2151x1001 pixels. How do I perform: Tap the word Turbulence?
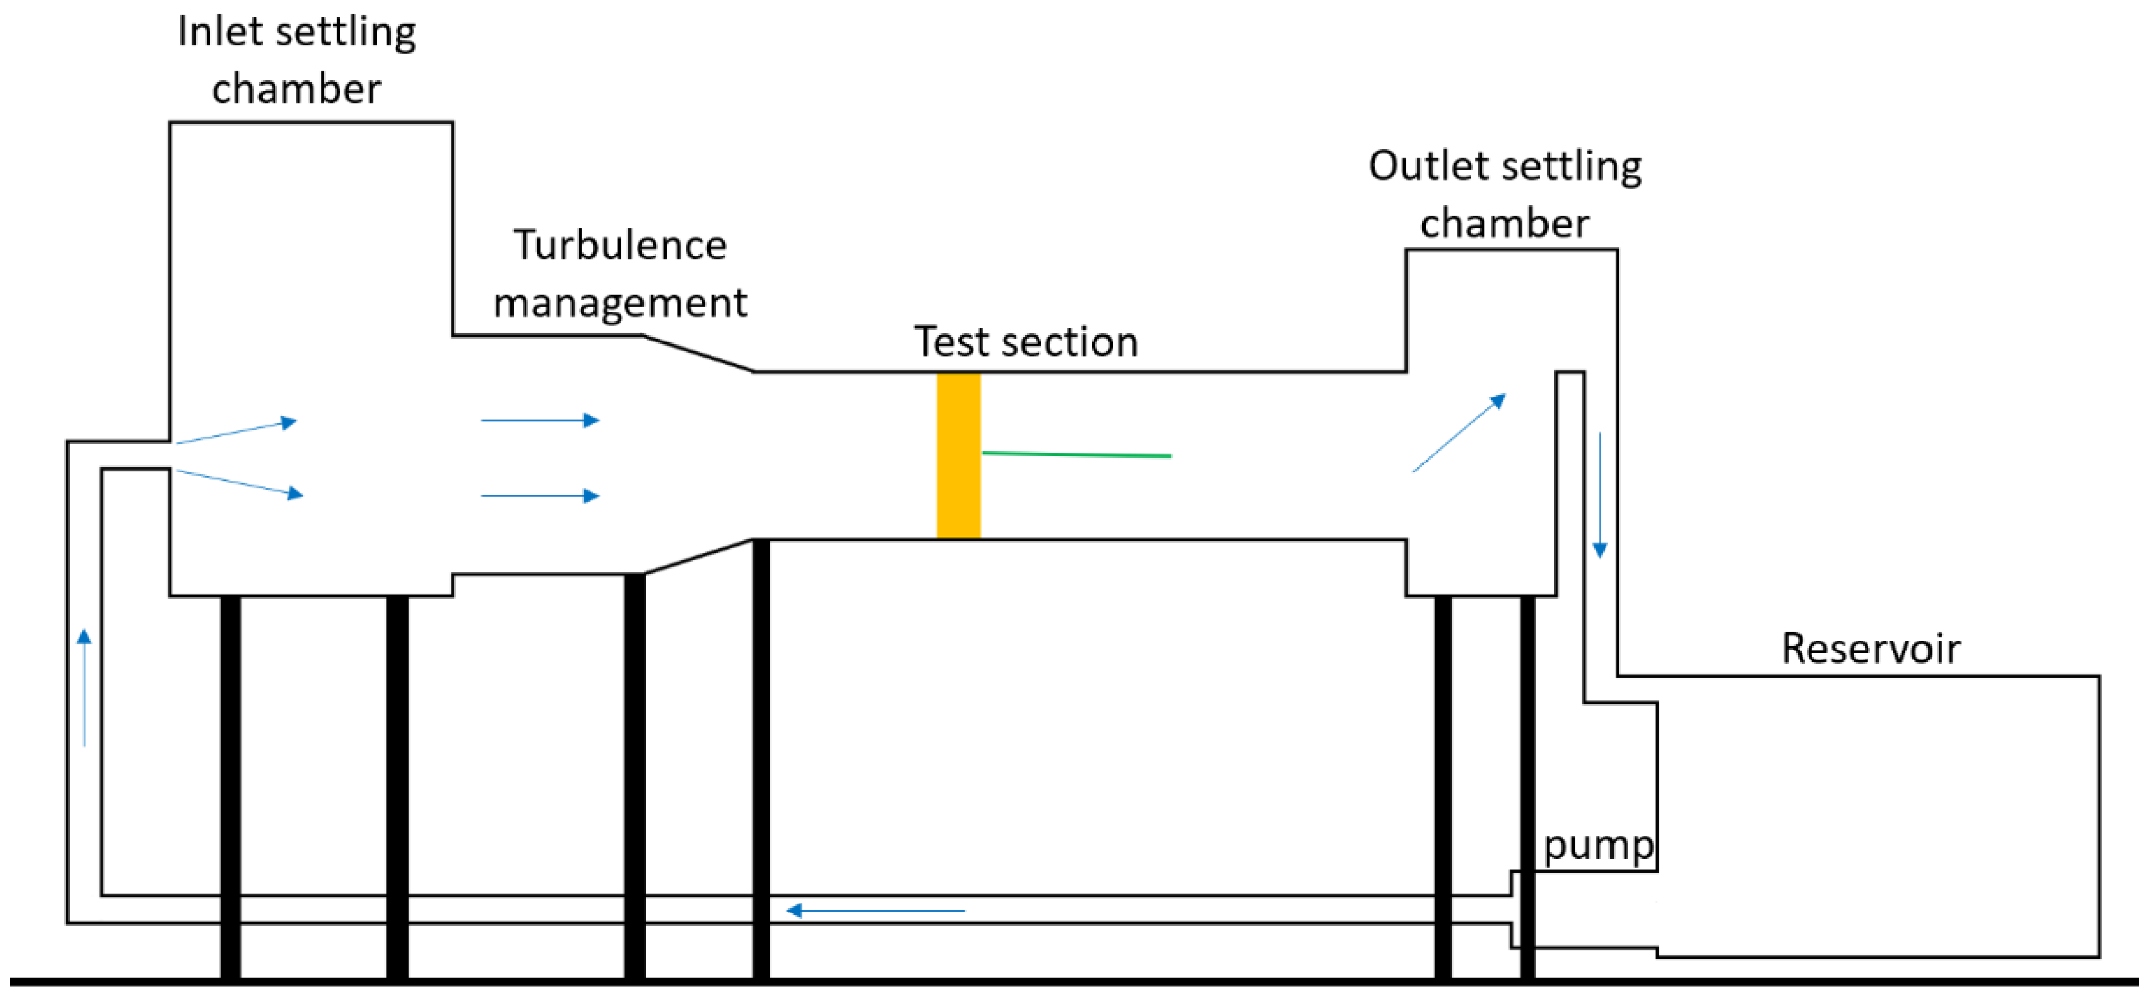[x=620, y=245]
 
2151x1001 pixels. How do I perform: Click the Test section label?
[x=1025, y=341]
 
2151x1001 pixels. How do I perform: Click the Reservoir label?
[x=1871, y=649]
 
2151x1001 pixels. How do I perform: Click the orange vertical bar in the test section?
[x=958, y=456]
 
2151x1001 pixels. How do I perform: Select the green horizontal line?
[x=1076, y=454]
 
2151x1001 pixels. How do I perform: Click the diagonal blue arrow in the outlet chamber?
[x=1458, y=433]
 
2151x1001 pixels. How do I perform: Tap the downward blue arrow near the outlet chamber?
[x=1600, y=494]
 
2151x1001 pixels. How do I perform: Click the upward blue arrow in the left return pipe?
[x=84, y=687]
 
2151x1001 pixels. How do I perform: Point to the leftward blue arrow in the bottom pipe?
[x=875, y=910]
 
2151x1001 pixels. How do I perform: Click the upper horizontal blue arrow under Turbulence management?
[x=540, y=420]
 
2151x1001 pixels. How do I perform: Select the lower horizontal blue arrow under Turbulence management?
[x=540, y=496]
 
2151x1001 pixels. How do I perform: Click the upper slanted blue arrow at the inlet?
[x=237, y=431]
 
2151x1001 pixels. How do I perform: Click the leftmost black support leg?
[x=230, y=787]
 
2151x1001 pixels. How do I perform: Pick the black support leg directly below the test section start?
[x=761, y=759]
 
